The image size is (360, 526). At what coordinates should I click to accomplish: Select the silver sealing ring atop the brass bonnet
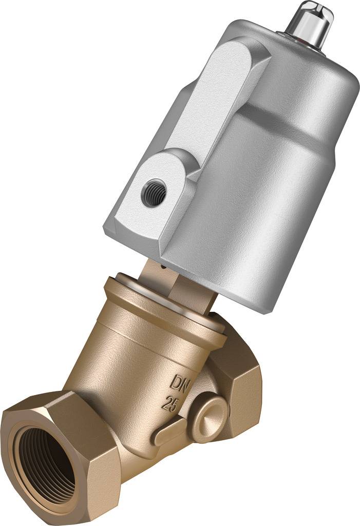point(169,298)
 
